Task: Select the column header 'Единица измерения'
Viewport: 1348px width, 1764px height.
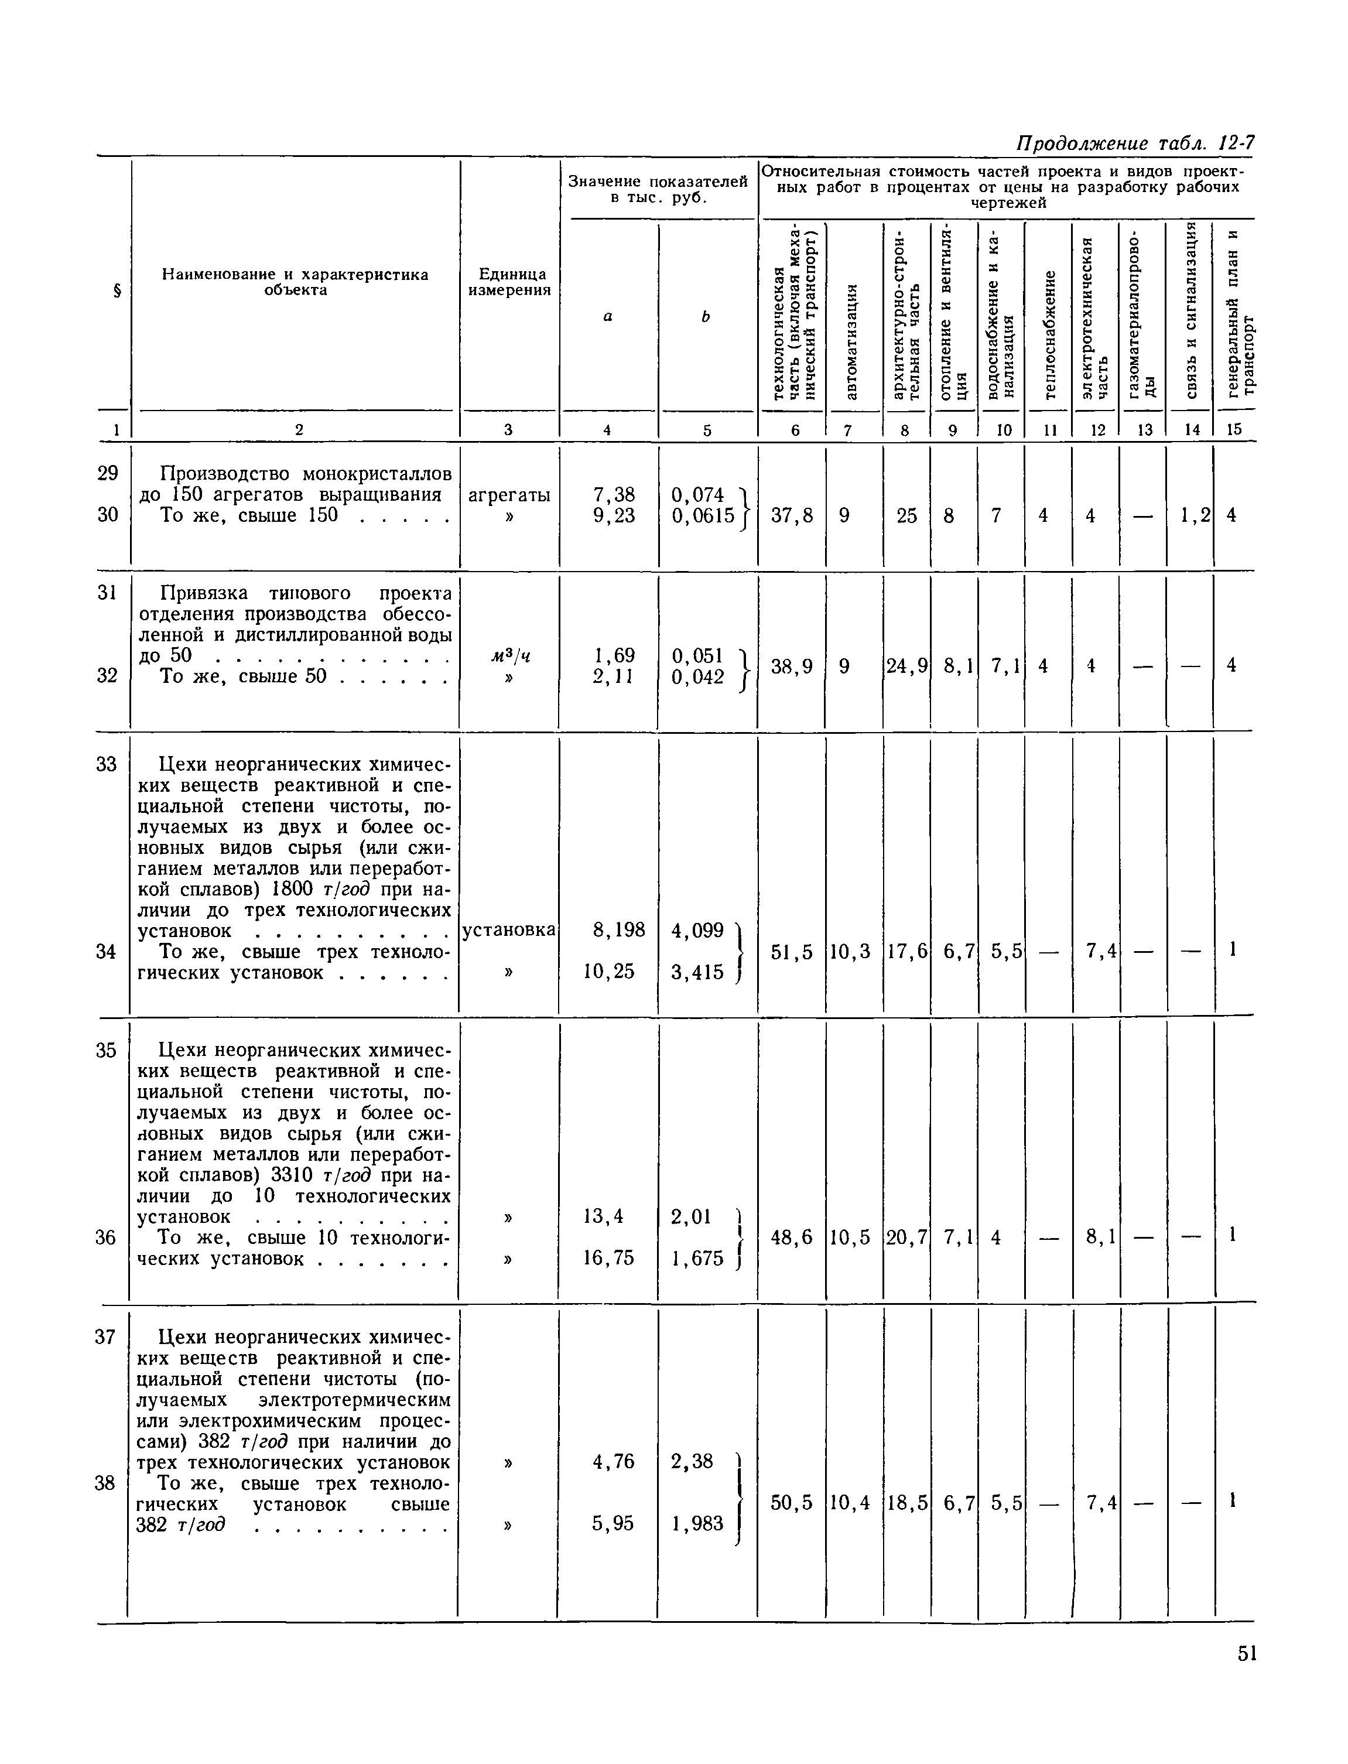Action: [509, 282]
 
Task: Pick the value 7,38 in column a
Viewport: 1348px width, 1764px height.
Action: [613, 495]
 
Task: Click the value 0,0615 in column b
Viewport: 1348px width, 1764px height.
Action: [703, 516]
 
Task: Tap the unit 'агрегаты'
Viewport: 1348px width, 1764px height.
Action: [509, 495]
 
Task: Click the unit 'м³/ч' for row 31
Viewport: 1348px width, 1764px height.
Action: [510, 656]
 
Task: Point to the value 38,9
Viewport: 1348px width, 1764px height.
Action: [791, 665]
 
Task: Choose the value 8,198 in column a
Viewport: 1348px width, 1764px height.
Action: [618, 929]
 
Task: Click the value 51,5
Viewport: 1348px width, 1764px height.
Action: [791, 952]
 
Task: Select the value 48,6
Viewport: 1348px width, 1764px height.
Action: [791, 1237]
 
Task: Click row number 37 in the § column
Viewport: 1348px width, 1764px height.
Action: [106, 1337]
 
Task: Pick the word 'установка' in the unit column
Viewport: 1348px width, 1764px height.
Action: [509, 929]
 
